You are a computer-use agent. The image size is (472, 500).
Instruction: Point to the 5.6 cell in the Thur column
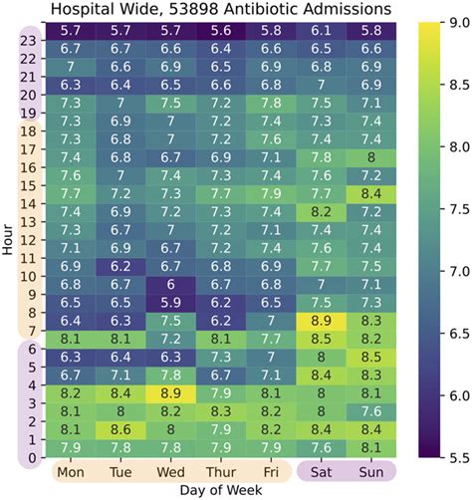point(220,30)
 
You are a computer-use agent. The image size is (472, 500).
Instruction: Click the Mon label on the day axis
point(71,469)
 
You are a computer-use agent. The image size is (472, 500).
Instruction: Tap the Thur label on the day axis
point(220,469)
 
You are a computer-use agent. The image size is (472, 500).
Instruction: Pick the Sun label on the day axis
point(370,469)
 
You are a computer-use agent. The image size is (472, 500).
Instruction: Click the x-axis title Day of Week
point(220,490)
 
